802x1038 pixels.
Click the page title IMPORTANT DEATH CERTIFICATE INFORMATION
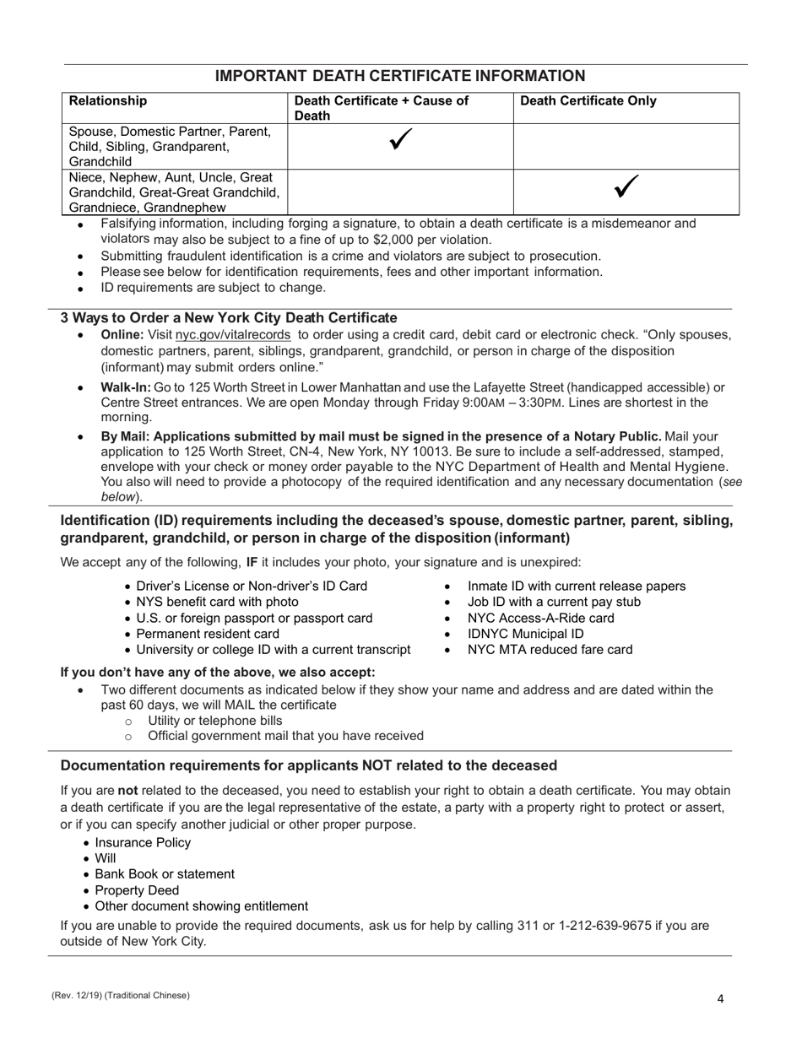(x=400, y=76)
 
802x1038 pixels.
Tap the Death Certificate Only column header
(x=588, y=101)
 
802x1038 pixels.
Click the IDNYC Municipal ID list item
(x=525, y=634)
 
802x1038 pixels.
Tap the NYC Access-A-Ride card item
(x=540, y=618)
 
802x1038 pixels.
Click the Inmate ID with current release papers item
(x=577, y=587)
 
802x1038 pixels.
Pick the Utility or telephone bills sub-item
(x=214, y=720)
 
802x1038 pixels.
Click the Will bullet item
(x=106, y=858)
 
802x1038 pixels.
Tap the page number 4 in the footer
(x=720, y=999)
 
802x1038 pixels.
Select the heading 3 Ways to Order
(x=228, y=318)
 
